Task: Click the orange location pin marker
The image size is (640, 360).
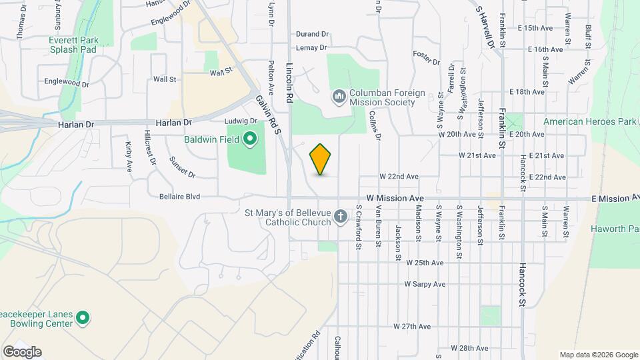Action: [x=320, y=159]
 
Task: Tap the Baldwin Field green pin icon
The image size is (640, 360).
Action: [x=250, y=139]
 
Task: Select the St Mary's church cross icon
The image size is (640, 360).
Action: [x=340, y=216]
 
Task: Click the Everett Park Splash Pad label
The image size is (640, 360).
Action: [x=73, y=45]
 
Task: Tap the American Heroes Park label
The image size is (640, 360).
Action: [x=586, y=121]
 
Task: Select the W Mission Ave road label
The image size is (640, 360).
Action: [x=395, y=199]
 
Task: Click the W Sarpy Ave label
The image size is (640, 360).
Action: [x=425, y=284]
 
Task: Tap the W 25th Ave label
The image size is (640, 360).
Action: [x=425, y=263]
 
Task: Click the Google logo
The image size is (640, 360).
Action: [x=22, y=352]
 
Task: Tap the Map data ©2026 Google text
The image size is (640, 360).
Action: [x=599, y=355]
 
